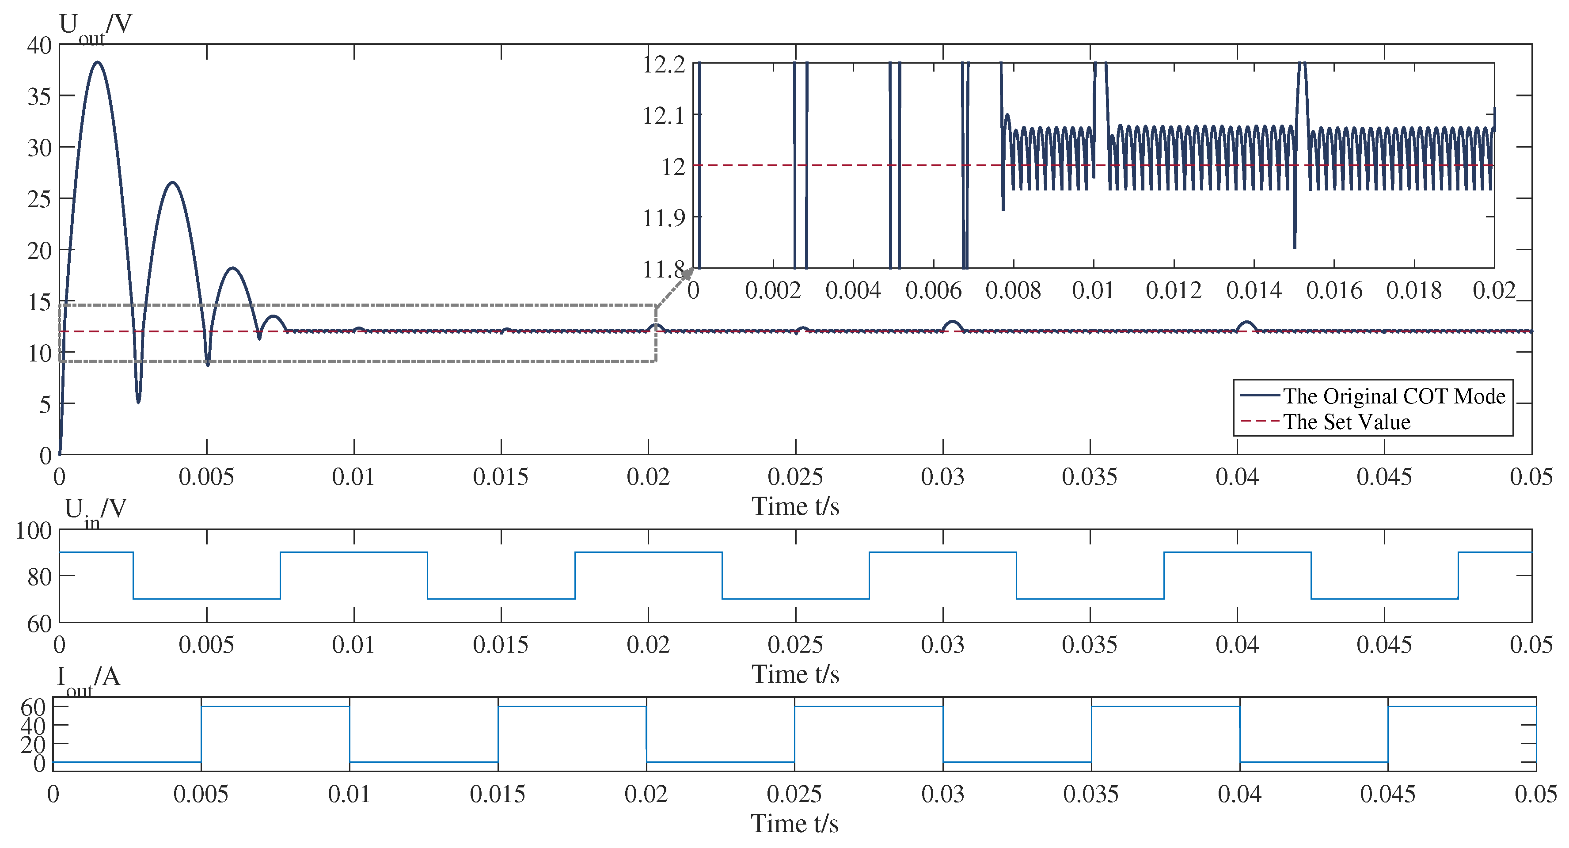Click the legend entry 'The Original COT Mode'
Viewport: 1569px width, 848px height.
coord(1394,396)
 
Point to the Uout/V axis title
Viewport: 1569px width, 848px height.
coord(95,26)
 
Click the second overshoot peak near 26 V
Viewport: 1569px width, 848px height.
coord(173,182)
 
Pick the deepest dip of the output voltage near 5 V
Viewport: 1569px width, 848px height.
coord(138,402)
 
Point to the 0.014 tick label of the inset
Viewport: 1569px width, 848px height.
coord(1254,291)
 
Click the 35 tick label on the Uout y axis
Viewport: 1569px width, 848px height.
coord(40,96)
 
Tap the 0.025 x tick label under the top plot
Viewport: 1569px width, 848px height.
coord(795,477)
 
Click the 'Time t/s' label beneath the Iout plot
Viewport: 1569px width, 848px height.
coord(794,824)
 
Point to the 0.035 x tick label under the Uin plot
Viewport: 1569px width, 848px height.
coord(1090,645)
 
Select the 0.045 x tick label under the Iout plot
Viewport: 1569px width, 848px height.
coord(1387,794)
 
